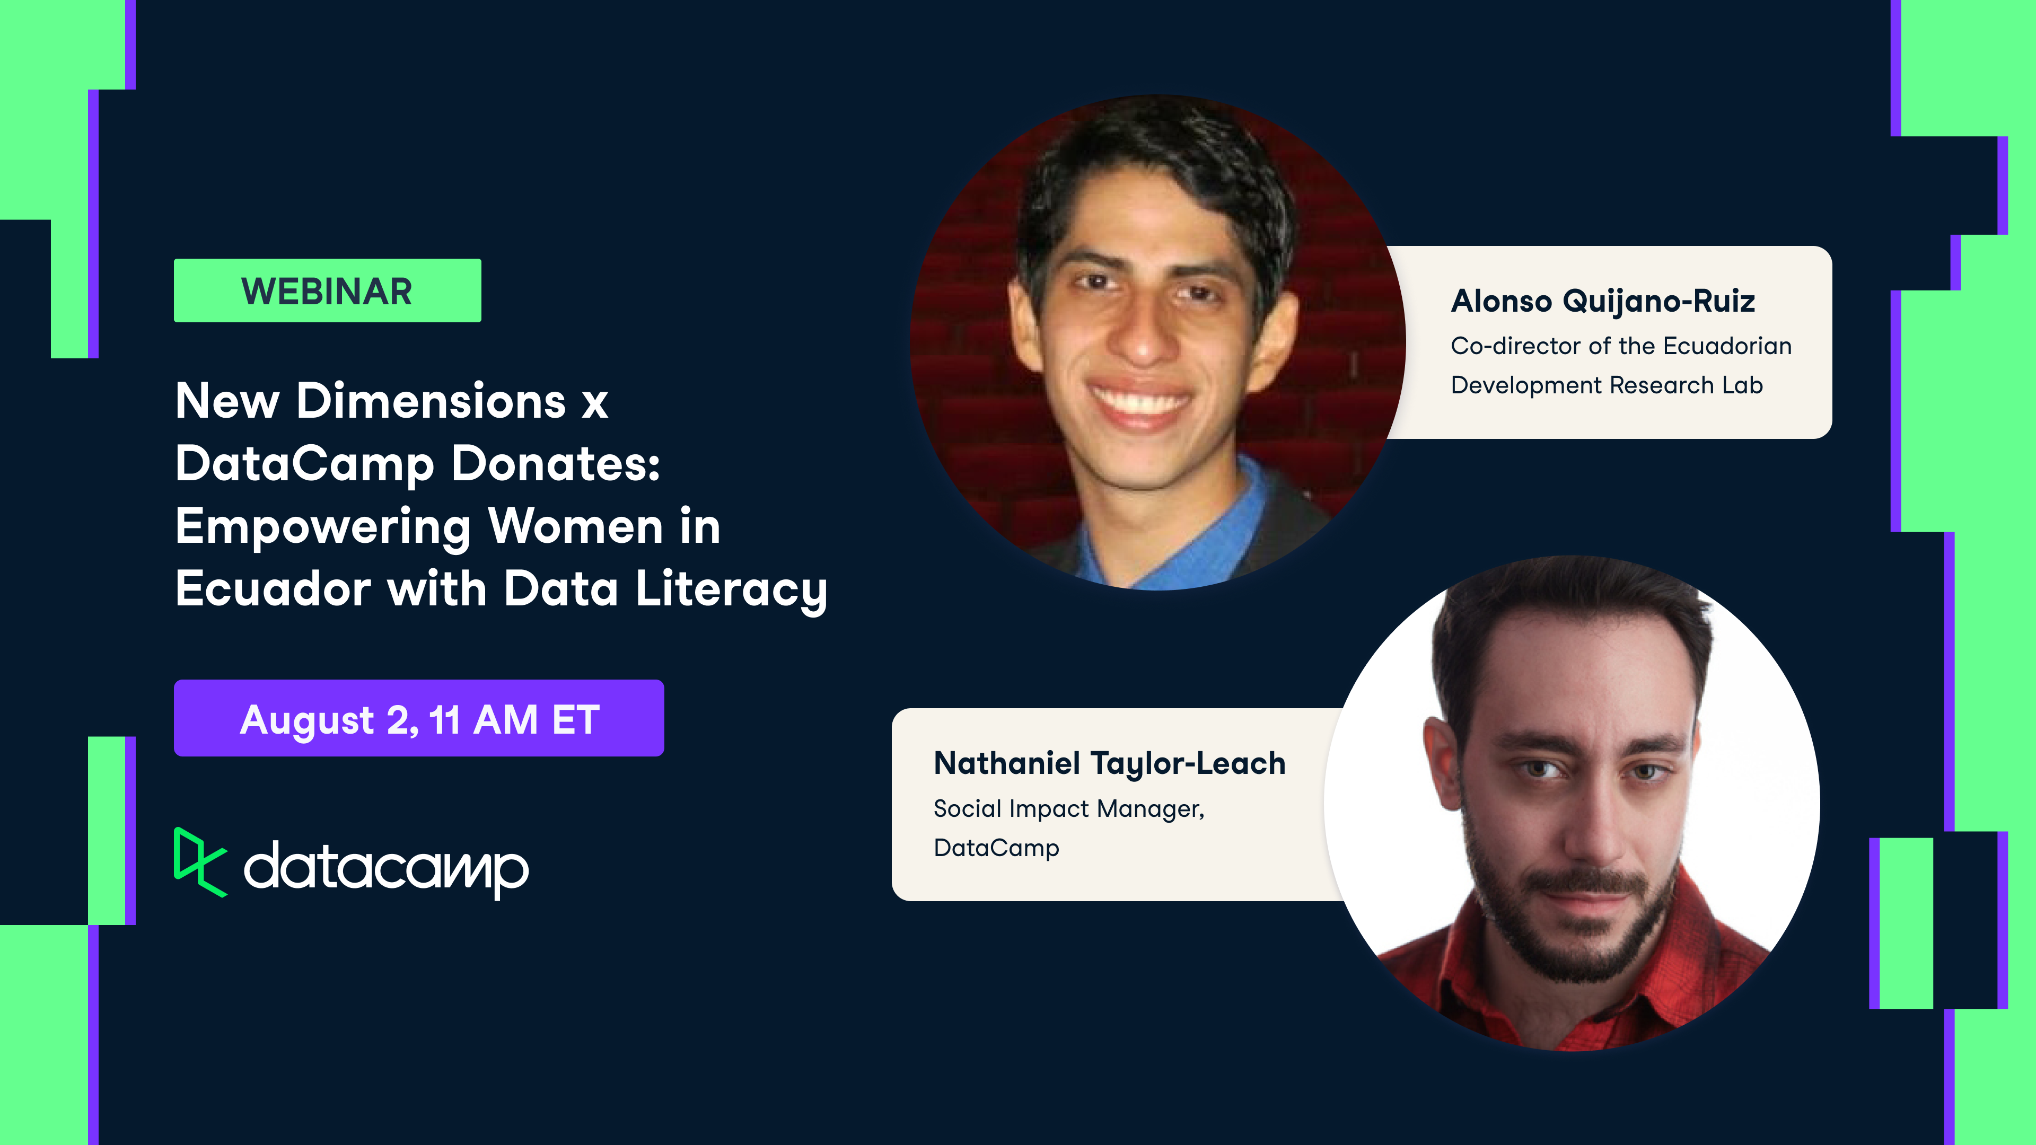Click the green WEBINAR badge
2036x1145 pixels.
(x=327, y=291)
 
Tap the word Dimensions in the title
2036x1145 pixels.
(x=431, y=401)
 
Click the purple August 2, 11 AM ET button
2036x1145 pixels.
(x=419, y=718)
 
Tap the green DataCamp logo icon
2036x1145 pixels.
(x=199, y=862)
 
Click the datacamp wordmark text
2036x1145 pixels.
(x=385, y=869)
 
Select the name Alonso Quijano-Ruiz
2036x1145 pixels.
(x=1603, y=302)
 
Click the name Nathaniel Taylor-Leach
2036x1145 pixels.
(x=1109, y=764)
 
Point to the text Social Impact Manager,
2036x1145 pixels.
(x=1068, y=809)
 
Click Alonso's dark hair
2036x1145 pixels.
(x=1154, y=158)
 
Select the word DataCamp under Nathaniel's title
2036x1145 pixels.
(x=996, y=849)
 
